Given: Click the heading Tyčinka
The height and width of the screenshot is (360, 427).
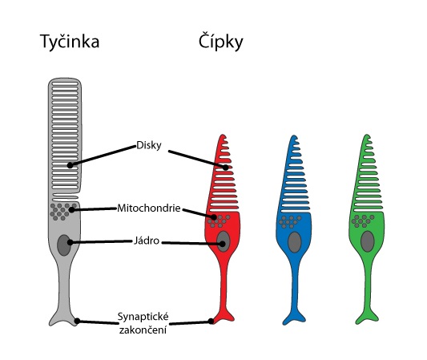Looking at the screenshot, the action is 70,42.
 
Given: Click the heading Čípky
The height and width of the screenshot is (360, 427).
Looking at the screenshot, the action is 220,41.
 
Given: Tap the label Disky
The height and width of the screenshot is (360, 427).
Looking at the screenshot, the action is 149,145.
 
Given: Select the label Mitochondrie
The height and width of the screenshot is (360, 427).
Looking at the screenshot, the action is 149,208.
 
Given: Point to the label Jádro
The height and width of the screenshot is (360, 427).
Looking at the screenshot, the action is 147,241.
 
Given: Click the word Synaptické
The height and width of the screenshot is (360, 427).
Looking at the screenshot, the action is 143,317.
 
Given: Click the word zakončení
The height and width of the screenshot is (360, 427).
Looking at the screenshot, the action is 143,330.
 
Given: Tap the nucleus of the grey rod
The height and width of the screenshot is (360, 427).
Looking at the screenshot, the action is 64,245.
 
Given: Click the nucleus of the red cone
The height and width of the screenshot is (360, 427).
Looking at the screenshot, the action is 224,241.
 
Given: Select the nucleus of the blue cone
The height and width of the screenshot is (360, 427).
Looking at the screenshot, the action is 295,242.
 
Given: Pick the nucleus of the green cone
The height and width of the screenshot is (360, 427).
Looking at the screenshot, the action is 368,241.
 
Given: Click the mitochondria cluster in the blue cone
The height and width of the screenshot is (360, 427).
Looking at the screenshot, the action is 290,222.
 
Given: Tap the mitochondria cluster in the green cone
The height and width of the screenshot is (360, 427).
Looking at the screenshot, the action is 363,221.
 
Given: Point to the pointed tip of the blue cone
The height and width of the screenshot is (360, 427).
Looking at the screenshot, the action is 294,136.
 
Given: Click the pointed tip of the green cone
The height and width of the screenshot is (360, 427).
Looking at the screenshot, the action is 367,135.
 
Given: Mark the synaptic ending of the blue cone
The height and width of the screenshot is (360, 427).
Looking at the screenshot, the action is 294,318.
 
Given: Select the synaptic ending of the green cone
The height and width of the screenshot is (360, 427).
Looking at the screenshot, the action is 367,318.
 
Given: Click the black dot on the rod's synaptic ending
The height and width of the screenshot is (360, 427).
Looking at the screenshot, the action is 77,321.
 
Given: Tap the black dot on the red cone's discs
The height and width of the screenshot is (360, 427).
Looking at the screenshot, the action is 226,168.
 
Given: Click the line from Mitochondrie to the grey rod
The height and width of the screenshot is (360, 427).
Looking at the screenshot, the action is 95,209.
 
